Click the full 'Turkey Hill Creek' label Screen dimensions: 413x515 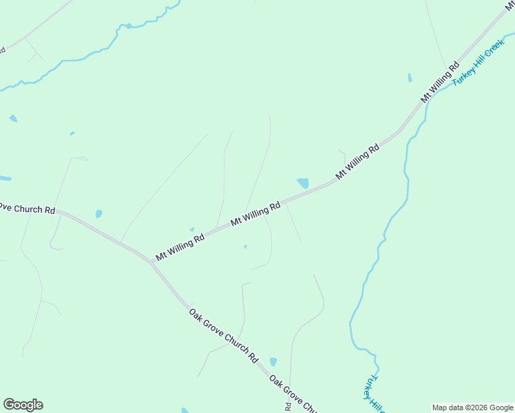(479, 62)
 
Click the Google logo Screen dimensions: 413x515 (23, 405)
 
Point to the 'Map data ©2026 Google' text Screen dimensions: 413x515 (472, 407)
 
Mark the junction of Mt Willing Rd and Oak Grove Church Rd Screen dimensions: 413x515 (151, 262)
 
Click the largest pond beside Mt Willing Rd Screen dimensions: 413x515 (302, 183)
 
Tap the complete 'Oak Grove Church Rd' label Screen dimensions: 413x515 (223, 336)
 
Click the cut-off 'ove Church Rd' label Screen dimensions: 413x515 (26, 209)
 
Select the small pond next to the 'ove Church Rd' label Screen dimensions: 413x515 (98, 214)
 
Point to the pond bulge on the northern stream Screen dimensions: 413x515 (129, 26)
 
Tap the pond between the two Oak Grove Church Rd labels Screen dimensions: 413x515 (273, 361)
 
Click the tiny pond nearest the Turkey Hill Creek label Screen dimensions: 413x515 (410, 78)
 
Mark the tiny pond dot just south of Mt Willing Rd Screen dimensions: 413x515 (245, 246)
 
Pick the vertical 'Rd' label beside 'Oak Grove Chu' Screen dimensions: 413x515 (288, 406)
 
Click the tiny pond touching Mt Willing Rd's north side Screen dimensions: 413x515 (192, 229)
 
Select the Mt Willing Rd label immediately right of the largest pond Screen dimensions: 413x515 (357, 162)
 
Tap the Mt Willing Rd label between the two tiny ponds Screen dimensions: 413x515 (255, 213)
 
